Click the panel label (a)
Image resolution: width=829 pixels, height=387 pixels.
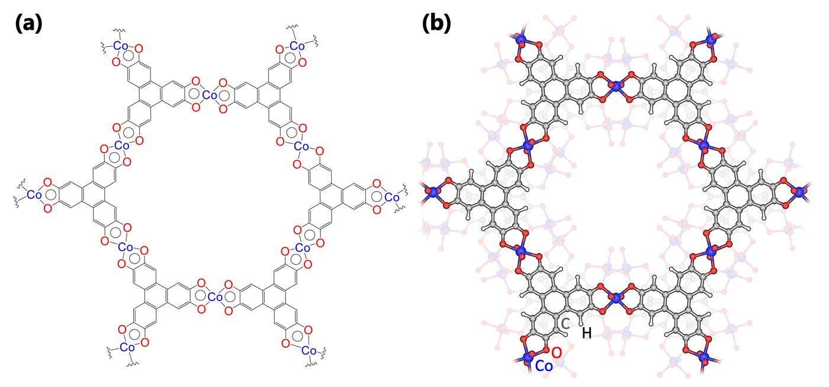point(29,24)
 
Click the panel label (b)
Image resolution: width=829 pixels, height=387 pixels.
point(437,24)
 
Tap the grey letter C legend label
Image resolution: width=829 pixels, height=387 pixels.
point(565,324)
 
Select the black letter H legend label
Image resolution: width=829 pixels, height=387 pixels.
point(587,333)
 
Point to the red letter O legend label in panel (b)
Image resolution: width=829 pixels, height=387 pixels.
point(557,353)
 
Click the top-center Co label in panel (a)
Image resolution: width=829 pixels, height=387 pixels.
point(210,95)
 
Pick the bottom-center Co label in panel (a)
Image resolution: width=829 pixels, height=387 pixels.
point(215,297)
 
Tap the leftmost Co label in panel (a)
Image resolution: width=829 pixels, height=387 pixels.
point(34,194)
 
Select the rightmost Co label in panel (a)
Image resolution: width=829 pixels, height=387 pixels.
point(392,197)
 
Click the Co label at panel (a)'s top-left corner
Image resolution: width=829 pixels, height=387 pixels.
point(121,46)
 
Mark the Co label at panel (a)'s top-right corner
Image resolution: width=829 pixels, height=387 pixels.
point(297,46)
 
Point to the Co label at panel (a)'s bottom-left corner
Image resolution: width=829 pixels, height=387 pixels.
point(127,347)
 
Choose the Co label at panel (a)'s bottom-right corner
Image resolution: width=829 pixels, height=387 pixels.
point(309,350)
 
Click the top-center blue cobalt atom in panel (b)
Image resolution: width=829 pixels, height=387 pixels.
point(616,87)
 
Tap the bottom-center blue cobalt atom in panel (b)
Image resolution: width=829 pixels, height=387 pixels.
point(616,298)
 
